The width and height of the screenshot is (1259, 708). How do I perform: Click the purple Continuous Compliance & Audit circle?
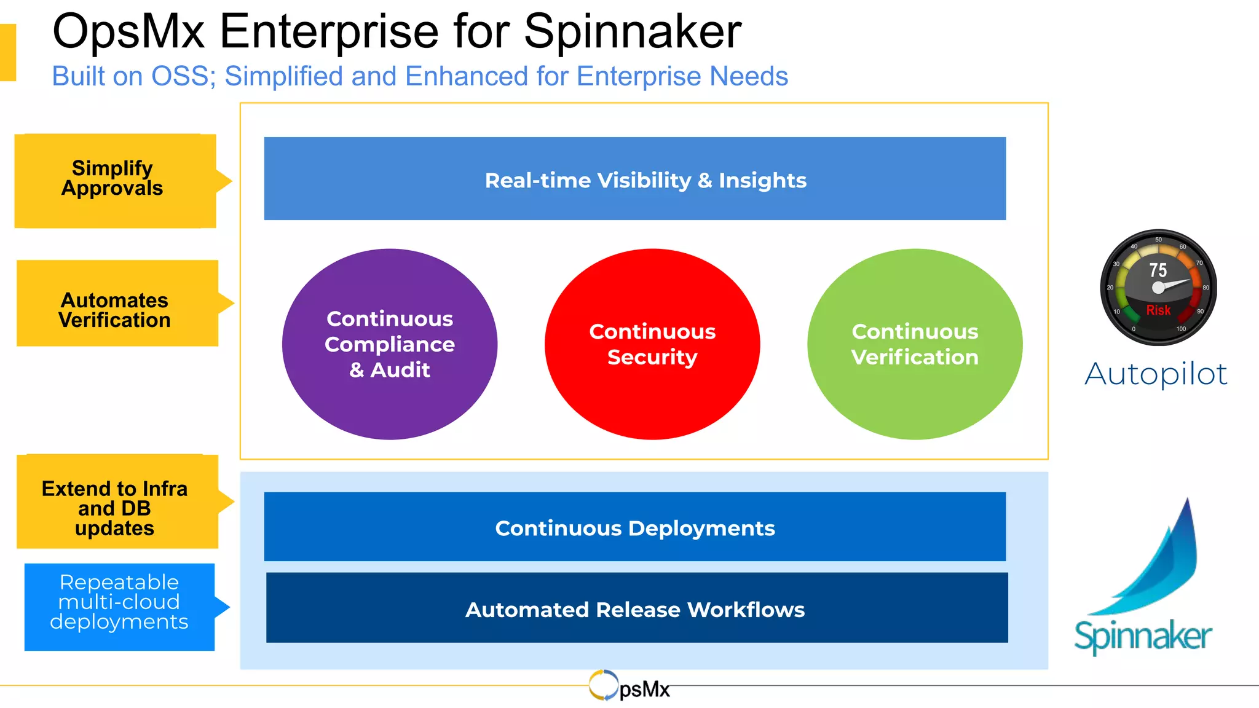[390, 344]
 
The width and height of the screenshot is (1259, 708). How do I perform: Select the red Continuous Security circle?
[652, 344]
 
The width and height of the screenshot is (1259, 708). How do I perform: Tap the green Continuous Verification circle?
[915, 344]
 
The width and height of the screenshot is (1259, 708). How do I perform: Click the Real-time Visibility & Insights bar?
[635, 179]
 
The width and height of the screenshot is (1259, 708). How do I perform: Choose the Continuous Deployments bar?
[635, 527]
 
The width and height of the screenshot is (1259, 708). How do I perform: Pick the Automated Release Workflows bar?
[637, 608]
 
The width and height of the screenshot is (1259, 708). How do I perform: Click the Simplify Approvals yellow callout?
[115, 181]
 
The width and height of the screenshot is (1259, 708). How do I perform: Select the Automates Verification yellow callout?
[117, 303]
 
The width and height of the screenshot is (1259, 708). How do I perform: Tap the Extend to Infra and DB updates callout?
[117, 502]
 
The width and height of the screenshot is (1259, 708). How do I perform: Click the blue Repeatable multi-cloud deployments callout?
[119, 607]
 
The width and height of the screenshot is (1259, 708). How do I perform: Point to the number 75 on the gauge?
[1158, 270]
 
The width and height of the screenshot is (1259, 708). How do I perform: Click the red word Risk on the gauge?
[1158, 310]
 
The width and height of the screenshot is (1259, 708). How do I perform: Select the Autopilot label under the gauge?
[1156, 374]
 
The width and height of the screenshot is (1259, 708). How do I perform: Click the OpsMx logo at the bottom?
[629, 686]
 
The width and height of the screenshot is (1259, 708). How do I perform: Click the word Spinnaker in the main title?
[633, 32]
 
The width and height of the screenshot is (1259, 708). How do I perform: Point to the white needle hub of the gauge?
[1158, 288]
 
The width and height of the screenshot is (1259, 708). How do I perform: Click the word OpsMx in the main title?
[128, 32]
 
